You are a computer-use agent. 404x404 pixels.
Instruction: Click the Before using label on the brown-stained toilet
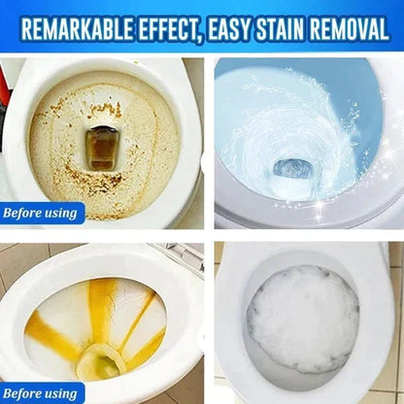43,213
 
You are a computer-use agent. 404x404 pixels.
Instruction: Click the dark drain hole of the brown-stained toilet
102,145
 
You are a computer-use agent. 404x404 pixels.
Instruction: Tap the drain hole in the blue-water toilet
291,166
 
